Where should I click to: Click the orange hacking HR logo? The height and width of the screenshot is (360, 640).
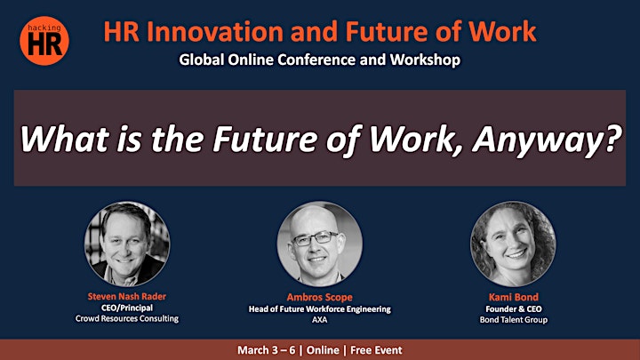pyautogui.click(x=44, y=41)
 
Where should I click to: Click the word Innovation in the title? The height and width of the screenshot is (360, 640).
pyautogui.click(x=214, y=32)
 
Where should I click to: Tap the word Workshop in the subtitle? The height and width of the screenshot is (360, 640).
pyautogui.click(x=425, y=60)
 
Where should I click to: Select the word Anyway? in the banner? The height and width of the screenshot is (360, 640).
pyautogui.click(x=547, y=140)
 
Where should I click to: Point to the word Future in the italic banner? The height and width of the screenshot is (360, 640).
pyautogui.click(x=265, y=139)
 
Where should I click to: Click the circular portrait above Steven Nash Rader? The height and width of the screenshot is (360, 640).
pyautogui.click(x=127, y=244)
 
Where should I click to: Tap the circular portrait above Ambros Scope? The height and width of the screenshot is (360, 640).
pyautogui.click(x=320, y=244)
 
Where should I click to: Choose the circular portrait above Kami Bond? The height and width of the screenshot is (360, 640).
pyautogui.click(x=513, y=244)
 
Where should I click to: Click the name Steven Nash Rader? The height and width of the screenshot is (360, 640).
pyautogui.click(x=127, y=297)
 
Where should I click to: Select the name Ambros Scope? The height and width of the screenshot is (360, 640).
pyautogui.click(x=320, y=298)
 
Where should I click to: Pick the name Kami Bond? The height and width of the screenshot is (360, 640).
pyautogui.click(x=514, y=297)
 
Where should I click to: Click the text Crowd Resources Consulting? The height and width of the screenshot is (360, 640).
pyautogui.click(x=127, y=318)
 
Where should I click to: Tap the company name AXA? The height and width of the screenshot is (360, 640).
pyautogui.click(x=320, y=320)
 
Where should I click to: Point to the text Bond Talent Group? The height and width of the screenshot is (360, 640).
pyautogui.click(x=514, y=320)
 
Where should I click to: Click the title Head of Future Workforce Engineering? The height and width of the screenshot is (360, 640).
pyautogui.click(x=320, y=309)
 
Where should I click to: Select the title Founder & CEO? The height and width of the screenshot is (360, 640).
pyautogui.click(x=514, y=309)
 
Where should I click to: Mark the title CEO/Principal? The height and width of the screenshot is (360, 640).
pyautogui.click(x=127, y=308)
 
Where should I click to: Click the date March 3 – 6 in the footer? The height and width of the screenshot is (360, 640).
pyautogui.click(x=266, y=350)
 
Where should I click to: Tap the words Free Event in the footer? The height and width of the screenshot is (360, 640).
pyautogui.click(x=376, y=350)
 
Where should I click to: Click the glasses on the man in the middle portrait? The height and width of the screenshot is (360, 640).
pyautogui.click(x=315, y=238)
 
